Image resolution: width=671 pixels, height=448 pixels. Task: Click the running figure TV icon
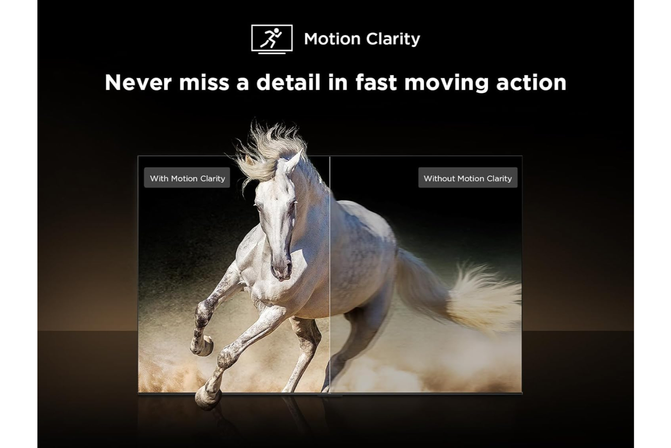272,39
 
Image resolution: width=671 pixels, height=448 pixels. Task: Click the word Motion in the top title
332,39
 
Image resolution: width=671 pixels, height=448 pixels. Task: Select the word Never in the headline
138,82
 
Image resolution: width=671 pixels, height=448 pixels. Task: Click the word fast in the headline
376,82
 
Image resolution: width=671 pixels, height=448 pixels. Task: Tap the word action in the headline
531,82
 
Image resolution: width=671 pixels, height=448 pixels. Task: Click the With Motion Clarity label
187,178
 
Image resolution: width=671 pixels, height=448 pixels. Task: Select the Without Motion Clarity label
467,178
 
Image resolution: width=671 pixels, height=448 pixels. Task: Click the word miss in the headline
204,82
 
